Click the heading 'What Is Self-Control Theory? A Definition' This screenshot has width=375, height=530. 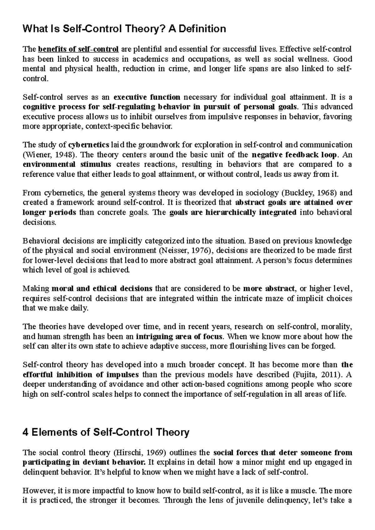[x=124, y=29]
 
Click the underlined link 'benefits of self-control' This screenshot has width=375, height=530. [x=78, y=49]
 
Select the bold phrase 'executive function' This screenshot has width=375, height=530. [x=147, y=97]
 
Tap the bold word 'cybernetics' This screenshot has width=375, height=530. [x=89, y=145]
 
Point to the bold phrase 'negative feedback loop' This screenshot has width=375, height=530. [x=294, y=155]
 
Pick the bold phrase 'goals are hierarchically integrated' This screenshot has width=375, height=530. [x=232, y=213]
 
